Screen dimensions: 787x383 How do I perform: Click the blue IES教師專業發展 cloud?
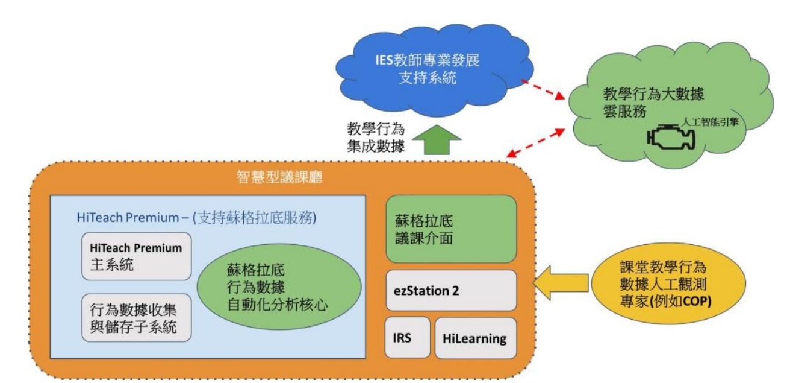click(434, 71)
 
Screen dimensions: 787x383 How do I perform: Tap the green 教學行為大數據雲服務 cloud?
click(671, 106)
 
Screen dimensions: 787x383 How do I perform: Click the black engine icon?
click(671, 137)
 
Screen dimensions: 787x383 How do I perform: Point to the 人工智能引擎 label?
click(710, 122)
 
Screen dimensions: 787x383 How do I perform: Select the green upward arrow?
click(437, 140)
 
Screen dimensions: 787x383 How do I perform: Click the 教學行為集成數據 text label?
click(376, 138)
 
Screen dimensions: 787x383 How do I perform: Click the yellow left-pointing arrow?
click(561, 283)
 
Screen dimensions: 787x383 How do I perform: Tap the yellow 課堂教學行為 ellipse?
click(668, 283)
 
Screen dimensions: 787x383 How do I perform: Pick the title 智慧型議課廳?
click(279, 177)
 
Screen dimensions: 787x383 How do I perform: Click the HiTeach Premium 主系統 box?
click(136, 256)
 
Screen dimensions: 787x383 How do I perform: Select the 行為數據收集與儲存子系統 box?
click(136, 318)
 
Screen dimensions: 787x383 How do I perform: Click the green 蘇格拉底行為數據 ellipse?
click(279, 287)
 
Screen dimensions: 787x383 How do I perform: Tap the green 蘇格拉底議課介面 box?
click(451, 229)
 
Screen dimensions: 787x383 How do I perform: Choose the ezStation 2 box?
click(451, 291)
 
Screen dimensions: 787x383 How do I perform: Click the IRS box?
click(408, 338)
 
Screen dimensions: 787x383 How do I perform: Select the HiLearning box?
click(476, 338)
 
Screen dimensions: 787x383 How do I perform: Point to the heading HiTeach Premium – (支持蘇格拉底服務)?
click(196, 218)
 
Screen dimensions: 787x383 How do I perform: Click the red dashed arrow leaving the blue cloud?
click(543, 90)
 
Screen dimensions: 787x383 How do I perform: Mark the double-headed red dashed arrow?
click(536, 143)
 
